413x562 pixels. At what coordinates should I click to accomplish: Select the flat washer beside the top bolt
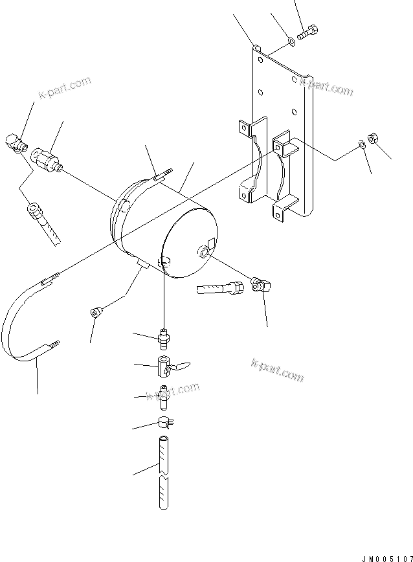[292, 43]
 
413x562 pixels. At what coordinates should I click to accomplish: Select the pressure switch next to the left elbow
[48, 159]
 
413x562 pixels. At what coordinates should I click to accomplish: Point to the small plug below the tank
[96, 312]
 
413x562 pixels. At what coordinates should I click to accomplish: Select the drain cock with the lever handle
[167, 367]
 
